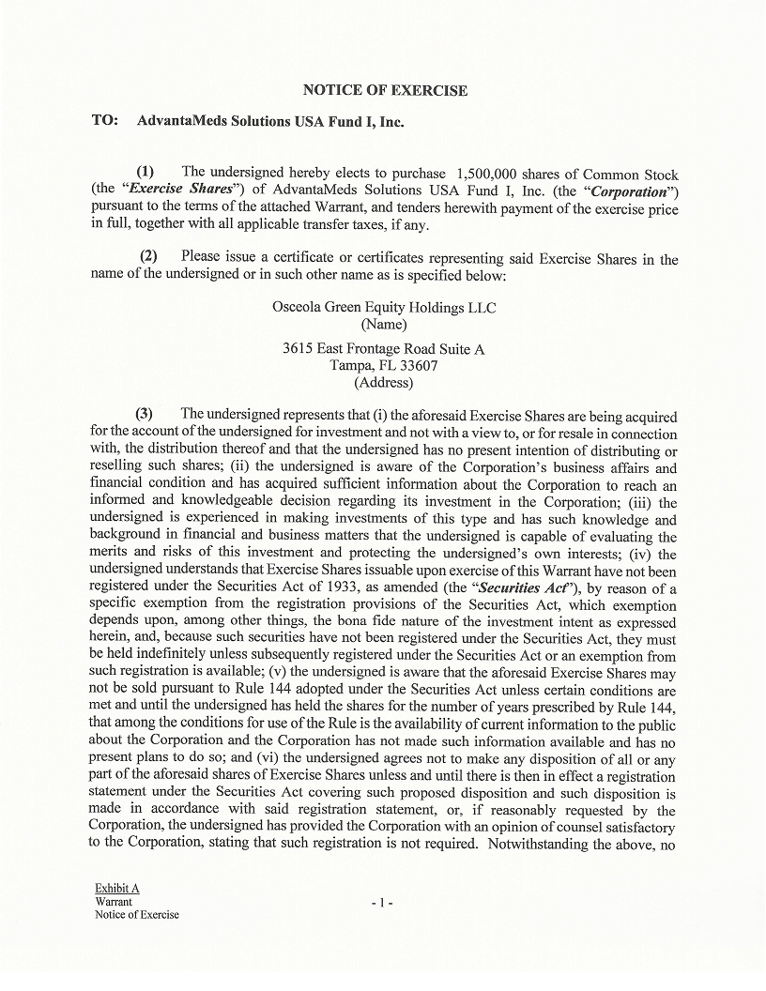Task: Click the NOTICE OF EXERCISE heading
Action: click(385, 91)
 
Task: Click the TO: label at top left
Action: click(105, 121)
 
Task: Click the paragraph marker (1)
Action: click(146, 173)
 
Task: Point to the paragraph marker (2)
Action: click(149, 258)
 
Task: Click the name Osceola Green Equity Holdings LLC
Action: click(384, 308)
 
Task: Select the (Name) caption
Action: click(383, 325)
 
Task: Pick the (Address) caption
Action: click(383, 383)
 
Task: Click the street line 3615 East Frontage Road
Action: click(383, 349)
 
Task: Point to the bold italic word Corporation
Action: click(628, 191)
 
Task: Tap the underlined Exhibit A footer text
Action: click(117, 888)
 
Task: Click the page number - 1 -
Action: click(381, 903)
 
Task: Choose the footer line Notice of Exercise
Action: click(136, 915)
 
